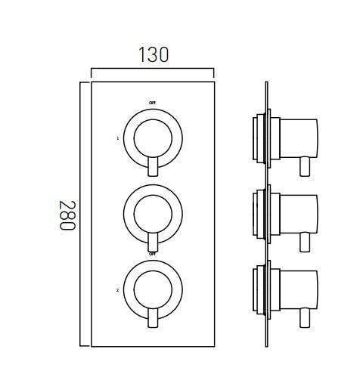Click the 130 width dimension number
point(153,54)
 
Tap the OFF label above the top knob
point(153,102)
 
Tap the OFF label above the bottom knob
point(153,254)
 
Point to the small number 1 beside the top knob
point(117,138)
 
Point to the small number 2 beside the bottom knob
point(117,289)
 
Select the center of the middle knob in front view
point(153,213)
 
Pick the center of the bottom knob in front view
point(153,289)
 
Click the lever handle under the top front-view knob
point(154,168)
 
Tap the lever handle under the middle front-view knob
point(154,243)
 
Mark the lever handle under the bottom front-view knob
point(154,318)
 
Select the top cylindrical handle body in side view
point(297,138)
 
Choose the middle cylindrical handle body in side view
point(297,213)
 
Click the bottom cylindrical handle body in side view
point(297,288)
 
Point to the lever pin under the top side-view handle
point(306,165)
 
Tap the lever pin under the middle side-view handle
point(306,241)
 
